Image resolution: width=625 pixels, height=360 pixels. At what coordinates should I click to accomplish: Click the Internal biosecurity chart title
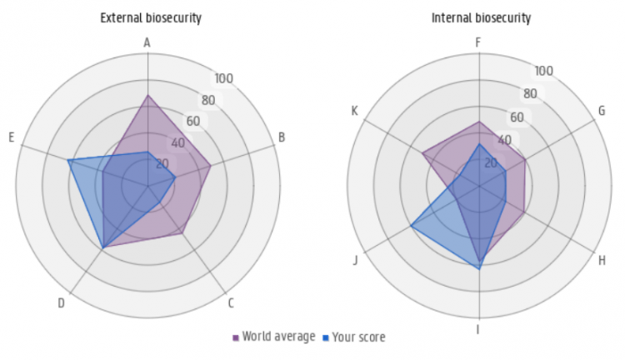click(x=482, y=17)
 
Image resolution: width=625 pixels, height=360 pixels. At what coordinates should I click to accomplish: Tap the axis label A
click(x=147, y=42)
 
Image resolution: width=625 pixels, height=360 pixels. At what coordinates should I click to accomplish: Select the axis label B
click(x=282, y=137)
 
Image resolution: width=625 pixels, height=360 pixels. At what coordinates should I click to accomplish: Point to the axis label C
click(x=231, y=303)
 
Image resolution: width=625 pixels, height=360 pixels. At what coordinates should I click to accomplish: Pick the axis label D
click(x=61, y=303)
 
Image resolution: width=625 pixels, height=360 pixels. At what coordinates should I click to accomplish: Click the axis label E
click(x=12, y=137)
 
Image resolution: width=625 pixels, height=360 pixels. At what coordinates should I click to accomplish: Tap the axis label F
click(x=478, y=42)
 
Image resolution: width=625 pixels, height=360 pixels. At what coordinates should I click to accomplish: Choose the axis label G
click(x=602, y=111)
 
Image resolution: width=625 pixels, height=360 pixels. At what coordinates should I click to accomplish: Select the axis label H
click(x=602, y=260)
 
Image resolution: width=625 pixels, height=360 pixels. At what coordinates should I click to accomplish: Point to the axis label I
click(x=477, y=330)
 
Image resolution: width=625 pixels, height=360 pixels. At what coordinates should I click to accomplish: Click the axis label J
click(x=356, y=260)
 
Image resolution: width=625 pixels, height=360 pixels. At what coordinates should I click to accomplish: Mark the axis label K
click(x=355, y=111)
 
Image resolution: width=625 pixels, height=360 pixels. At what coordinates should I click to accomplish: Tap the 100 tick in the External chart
click(x=223, y=79)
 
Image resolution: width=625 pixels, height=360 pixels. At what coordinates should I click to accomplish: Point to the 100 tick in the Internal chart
click(x=543, y=71)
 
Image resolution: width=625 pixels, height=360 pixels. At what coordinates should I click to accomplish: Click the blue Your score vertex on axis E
click(x=68, y=160)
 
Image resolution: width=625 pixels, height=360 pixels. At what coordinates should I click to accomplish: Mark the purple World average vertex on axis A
click(x=147, y=95)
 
